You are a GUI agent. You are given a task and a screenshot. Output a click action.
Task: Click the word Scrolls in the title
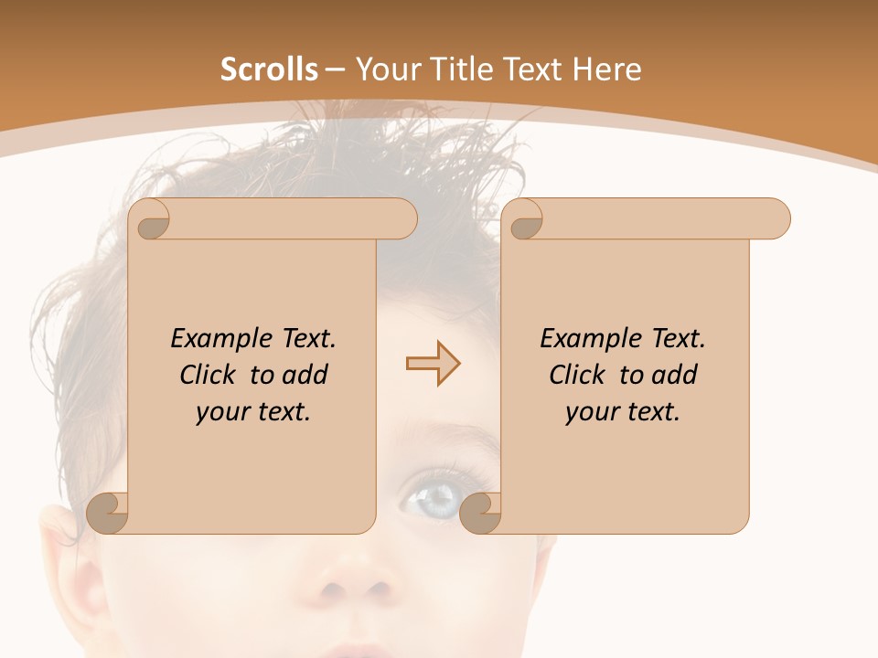coord(269,69)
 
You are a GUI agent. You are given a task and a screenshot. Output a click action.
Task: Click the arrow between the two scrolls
coord(433,364)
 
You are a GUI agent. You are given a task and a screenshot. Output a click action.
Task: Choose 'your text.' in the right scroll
coord(623,411)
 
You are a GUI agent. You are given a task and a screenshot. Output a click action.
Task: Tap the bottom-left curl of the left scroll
coord(108,513)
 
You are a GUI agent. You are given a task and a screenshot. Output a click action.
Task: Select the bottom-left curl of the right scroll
coord(480,513)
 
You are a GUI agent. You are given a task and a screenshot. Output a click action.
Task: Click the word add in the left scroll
coord(305,375)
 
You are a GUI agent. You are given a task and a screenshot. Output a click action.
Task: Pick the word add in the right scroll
coord(675,375)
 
